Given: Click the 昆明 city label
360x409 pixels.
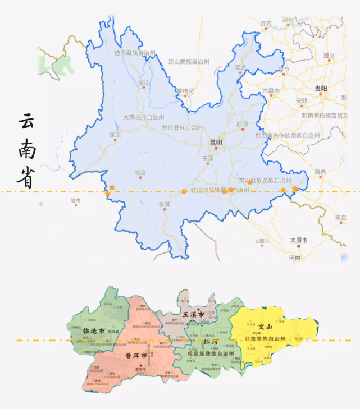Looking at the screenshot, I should pos(216,143).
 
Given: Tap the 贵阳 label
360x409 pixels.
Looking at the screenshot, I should pos(320,89).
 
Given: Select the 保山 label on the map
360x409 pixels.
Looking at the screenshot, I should pos(115,135).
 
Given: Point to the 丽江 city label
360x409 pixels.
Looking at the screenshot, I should pos(144,82).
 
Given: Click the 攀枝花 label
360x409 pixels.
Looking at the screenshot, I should pos(185,91).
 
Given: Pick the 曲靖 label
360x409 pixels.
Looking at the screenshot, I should pos(242,125).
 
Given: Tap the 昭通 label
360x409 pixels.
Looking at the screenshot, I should pos(240,67).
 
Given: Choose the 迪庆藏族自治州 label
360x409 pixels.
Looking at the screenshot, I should pos(135,53).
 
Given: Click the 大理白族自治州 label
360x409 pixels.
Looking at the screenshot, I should pos(144,118).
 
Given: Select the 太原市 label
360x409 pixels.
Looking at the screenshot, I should pos(299,240).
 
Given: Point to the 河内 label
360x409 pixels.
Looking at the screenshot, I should pos(295,258).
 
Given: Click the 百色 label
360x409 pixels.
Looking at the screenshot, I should pos(320,172).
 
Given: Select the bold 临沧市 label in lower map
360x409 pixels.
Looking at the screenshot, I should pos(94,331).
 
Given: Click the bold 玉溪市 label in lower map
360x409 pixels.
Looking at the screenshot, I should pos(193,314).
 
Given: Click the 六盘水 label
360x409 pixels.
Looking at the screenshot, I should pos(270,90).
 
